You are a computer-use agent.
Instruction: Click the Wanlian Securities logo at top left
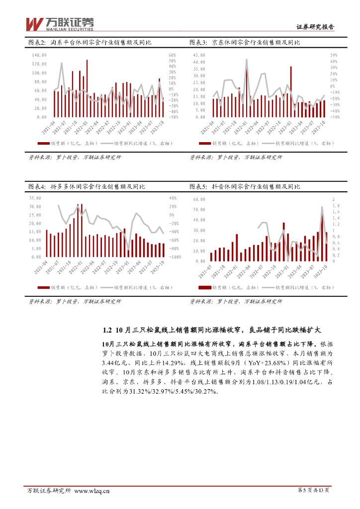[x=59, y=23]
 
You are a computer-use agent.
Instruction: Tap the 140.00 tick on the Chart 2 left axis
[x=39, y=55]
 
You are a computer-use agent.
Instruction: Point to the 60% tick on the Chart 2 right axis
[x=173, y=55]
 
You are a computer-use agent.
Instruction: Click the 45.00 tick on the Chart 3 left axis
[x=198, y=55]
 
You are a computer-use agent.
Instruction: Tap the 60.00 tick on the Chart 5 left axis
[x=199, y=199]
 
